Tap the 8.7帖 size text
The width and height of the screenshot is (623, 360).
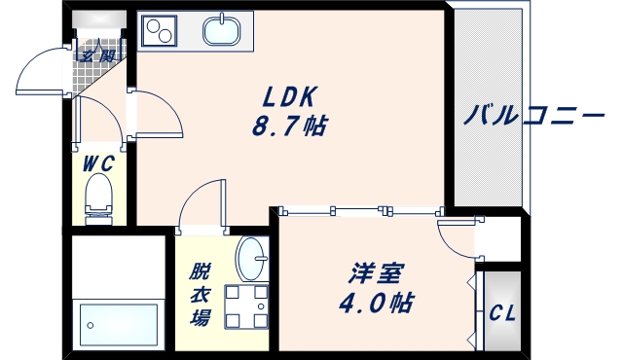(x=290, y=126)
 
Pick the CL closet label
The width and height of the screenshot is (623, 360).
(x=502, y=313)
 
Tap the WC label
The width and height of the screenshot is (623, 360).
(x=97, y=163)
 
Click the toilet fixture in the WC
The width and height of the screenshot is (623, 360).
(x=98, y=198)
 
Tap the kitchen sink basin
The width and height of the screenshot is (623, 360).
(x=224, y=31)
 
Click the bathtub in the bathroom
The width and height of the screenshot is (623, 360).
(x=118, y=321)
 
